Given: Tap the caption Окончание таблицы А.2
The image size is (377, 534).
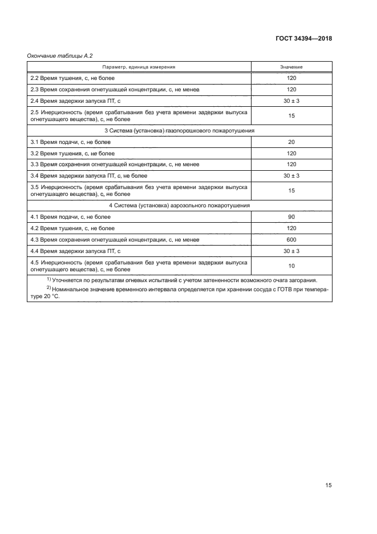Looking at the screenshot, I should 60,55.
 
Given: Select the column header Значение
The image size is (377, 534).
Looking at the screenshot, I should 291,67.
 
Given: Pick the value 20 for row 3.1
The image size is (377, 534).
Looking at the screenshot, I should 291,142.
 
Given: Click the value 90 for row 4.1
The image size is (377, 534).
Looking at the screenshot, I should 291,217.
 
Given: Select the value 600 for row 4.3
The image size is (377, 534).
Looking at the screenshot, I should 291,239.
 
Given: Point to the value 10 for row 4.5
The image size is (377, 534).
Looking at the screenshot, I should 291,266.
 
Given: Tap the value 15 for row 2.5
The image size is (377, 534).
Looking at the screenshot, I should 291,115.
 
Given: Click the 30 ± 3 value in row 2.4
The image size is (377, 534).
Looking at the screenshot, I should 291,101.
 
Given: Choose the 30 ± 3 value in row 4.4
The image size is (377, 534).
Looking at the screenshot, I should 291,251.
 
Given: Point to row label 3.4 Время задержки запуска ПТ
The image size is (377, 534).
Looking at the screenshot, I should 88,175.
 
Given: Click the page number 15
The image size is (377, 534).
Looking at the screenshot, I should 328,485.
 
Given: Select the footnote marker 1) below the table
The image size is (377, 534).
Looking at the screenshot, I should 49,279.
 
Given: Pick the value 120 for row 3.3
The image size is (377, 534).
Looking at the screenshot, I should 291,164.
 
